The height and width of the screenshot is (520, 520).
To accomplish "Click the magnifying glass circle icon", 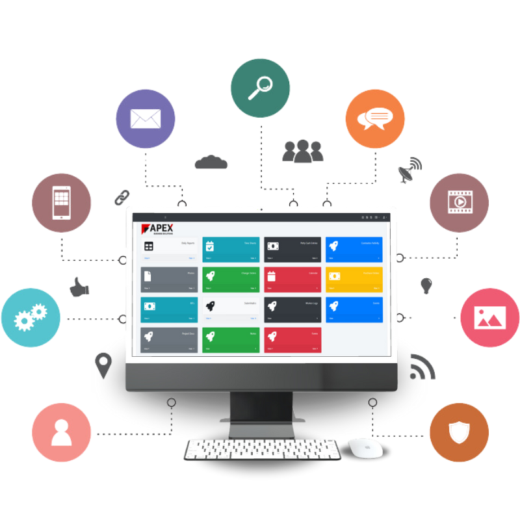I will tap(260, 88).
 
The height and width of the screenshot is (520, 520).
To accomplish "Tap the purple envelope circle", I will tap(146, 119).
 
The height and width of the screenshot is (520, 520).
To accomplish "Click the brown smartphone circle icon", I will tap(61, 202).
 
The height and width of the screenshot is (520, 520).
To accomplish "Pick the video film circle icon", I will tap(459, 202).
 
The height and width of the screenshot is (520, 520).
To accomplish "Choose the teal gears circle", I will tap(31, 318).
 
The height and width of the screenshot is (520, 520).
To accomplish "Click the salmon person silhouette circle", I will tap(61, 432).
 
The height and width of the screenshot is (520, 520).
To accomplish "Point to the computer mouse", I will tap(364, 447).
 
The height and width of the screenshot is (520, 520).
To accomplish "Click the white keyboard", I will tap(261, 449).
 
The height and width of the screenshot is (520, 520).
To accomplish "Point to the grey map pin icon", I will tap(103, 365).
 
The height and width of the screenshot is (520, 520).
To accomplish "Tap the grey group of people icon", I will tap(302, 151).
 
